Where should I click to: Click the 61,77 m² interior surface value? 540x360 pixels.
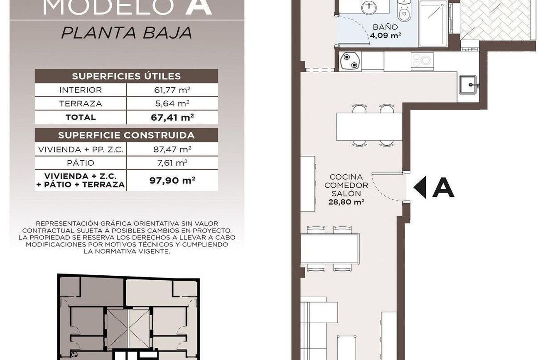tap(172, 90)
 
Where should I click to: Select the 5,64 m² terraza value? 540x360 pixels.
tap(172, 104)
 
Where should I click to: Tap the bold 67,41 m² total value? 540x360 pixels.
tap(172, 118)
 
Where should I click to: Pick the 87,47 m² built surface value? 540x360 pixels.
tap(172, 149)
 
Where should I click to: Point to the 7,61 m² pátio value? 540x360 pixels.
tap(172, 163)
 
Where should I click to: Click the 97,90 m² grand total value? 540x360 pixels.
tap(172, 180)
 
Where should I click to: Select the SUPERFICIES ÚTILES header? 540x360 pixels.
tap(126, 76)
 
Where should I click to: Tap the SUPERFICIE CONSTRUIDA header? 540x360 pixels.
tap(126, 135)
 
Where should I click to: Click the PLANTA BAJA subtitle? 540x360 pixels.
tap(127, 33)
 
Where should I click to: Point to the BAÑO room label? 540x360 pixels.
tap(385, 27)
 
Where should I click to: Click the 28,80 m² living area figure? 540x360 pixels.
tap(346, 202)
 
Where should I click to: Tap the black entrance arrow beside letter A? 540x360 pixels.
tap(420, 187)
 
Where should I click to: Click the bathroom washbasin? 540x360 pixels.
tap(369, 7)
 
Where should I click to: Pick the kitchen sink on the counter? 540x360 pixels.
tap(468, 84)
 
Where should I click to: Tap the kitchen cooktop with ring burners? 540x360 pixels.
tap(422, 60)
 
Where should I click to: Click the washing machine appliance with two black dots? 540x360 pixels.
tap(350, 61)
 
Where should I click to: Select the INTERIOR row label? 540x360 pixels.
tap(81, 90)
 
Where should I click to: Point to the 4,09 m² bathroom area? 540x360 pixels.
tap(385, 36)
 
